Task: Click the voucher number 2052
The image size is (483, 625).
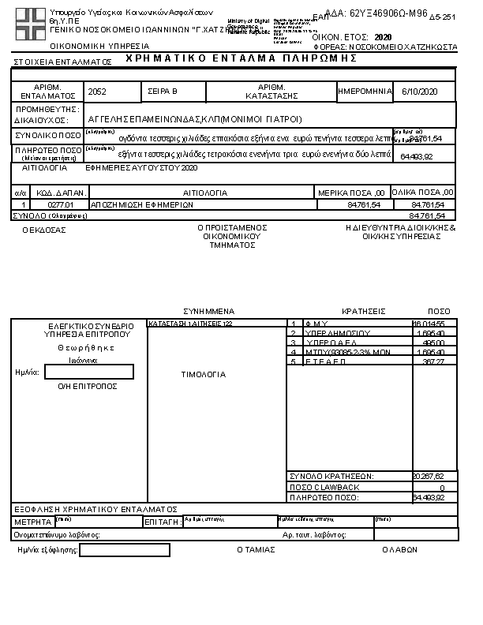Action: [x=98, y=92]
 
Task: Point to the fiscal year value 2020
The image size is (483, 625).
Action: [x=383, y=37]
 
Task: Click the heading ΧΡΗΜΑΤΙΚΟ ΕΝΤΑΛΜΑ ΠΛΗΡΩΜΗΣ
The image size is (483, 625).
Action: [x=236, y=59]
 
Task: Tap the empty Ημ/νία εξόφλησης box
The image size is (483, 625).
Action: [x=125, y=550]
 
